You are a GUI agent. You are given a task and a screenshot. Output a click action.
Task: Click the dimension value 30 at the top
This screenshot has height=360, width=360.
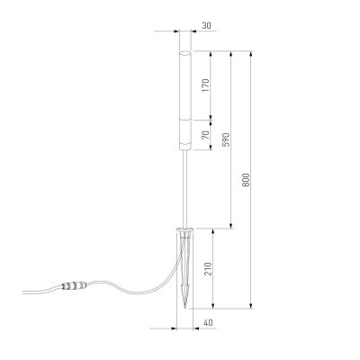208,26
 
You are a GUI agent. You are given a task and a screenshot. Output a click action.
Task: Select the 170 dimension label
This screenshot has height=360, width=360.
205,85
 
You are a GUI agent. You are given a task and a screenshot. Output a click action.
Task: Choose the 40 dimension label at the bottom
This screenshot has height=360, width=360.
209,321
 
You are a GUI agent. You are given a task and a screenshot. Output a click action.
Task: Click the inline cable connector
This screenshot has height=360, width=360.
71,288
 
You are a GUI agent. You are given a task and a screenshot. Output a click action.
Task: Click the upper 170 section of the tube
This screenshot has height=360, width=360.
184,85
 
